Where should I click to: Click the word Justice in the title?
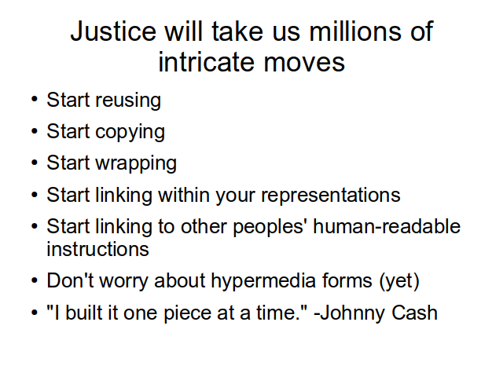(x=113, y=31)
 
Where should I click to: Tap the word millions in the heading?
(x=355, y=31)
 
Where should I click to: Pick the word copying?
(x=130, y=133)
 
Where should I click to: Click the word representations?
(x=331, y=196)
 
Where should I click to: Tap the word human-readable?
(x=387, y=226)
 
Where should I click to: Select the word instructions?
(x=97, y=249)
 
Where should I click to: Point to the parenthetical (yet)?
(x=399, y=282)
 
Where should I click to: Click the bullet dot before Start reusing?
(x=35, y=100)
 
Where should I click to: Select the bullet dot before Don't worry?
(x=35, y=280)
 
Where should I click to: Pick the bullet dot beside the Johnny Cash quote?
(x=35, y=313)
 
